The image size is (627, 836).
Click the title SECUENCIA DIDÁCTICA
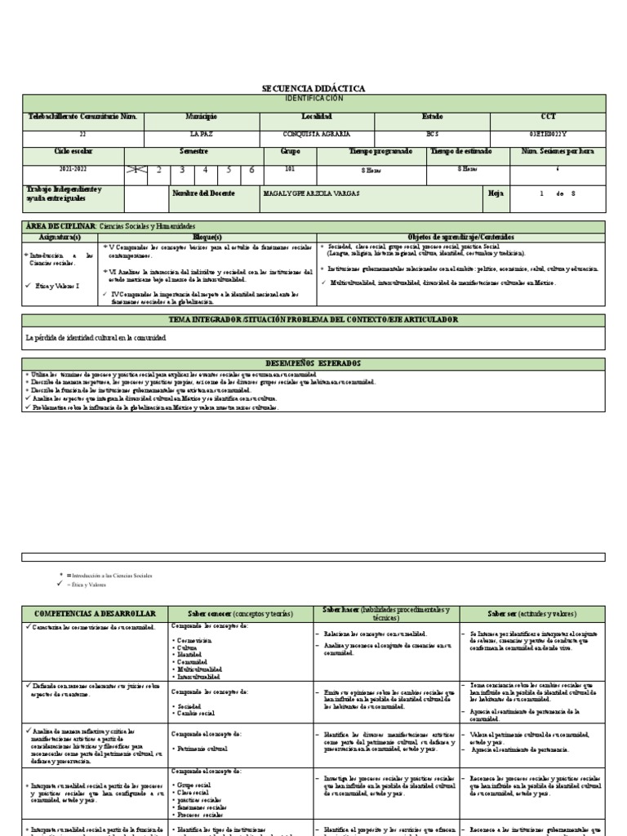[x=313, y=88]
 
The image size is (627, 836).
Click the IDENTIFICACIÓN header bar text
[x=313, y=98]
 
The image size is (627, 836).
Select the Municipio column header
[x=202, y=118]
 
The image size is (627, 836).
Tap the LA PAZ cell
[x=202, y=133]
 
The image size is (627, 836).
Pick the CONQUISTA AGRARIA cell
[x=317, y=133]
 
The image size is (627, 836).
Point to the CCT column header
[x=547, y=118]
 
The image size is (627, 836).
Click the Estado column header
[x=432, y=118]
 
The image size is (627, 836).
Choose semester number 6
[x=251, y=170]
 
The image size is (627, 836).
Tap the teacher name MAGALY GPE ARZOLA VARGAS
[x=312, y=193]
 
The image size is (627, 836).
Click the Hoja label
[x=495, y=193]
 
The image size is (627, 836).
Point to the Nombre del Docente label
[x=203, y=193]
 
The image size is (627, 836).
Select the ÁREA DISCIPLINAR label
[x=61, y=225]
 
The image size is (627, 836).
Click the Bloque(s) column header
[x=208, y=235]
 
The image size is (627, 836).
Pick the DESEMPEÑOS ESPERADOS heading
[x=313, y=362]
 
